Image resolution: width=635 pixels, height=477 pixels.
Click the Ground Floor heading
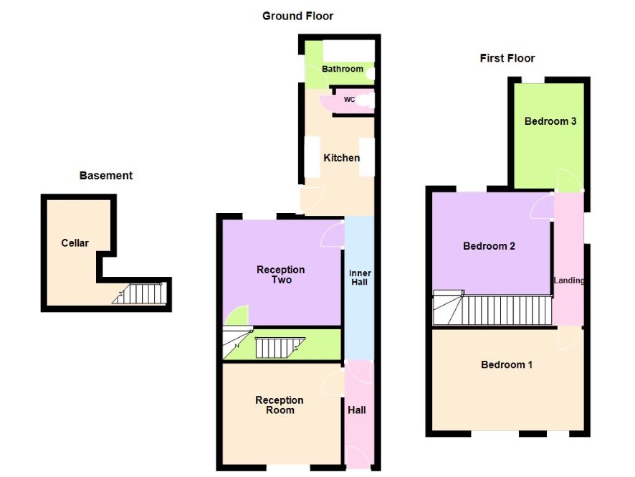pyautogui.click(x=297, y=16)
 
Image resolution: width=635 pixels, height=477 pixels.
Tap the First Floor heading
pyautogui.click(x=507, y=58)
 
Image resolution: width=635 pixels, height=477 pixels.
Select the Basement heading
pyautogui.click(x=106, y=176)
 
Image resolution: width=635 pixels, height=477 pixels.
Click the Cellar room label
pyautogui.click(x=75, y=242)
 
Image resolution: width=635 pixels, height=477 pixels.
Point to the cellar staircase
pyautogui.click(x=140, y=293)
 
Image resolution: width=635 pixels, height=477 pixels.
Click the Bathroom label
pyautogui.click(x=342, y=69)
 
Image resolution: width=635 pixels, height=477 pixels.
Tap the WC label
pyautogui.click(x=350, y=99)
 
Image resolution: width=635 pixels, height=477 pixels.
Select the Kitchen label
pyautogui.click(x=341, y=158)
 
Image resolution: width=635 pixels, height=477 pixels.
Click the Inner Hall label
pyautogui.click(x=360, y=278)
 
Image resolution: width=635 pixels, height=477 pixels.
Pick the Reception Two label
pyautogui.click(x=281, y=275)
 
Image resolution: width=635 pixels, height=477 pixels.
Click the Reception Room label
pyautogui.click(x=280, y=405)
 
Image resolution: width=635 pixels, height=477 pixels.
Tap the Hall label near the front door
pyautogui.click(x=357, y=410)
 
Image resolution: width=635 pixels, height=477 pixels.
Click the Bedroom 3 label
pyautogui.click(x=550, y=121)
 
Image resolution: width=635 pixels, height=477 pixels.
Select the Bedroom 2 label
pyautogui.click(x=489, y=246)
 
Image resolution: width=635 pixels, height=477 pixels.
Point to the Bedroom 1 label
pyautogui.click(x=507, y=364)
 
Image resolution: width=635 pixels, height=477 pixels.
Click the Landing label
pyautogui.click(x=568, y=280)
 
